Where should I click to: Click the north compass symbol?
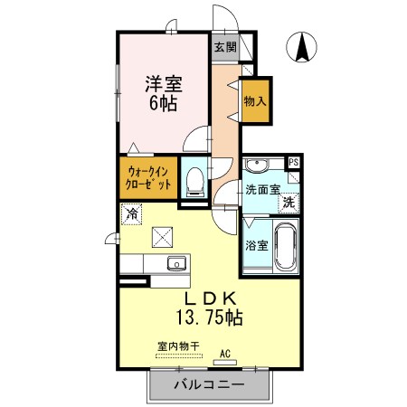coord(301,47)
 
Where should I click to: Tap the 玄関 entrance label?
coord(225,47)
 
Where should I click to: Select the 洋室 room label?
coord(164,84)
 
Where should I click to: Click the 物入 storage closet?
coord(256,101)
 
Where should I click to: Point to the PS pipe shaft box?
coord(293,162)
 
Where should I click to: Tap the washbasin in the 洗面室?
coord(257,165)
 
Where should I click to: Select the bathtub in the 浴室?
coord(286,247)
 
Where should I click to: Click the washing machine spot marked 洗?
coord(289,203)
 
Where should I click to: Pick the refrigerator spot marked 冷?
coord(132,214)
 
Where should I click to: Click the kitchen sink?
coord(176,264)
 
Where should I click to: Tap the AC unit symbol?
coord(225,362)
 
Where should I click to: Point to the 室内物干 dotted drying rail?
coord(179,356)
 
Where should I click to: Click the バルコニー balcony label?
coord(210,384)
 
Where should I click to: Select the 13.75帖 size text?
coord(209,317)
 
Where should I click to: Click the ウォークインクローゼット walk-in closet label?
coord(148,178)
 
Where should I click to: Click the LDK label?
coord(210,298)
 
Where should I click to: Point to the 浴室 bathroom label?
coord(257,246)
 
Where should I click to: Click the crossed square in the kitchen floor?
coord(162,237)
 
